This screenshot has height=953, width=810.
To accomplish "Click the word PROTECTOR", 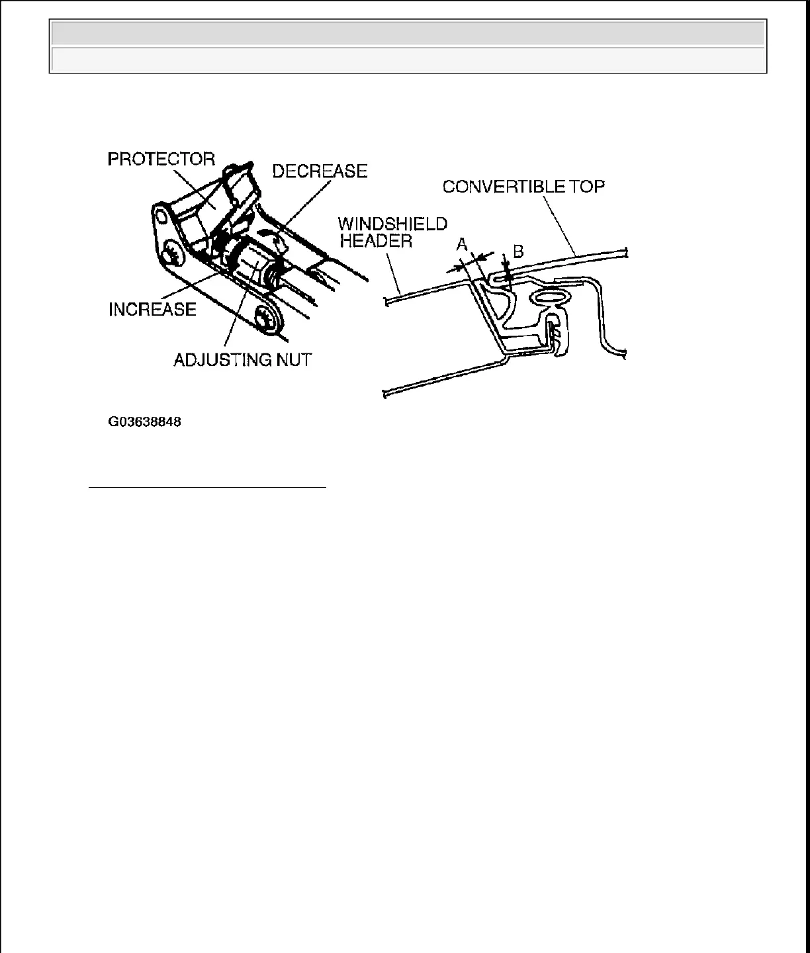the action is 161,159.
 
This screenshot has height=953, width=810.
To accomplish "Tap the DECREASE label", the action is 320,171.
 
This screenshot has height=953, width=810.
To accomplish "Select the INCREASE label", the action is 152,309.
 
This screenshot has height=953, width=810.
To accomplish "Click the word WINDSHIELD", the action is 393,224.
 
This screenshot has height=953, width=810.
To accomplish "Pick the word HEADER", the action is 376,240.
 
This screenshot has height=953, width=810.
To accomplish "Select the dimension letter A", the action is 463,246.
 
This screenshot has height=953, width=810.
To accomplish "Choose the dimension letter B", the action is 518,251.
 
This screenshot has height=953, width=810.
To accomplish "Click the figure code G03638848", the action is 145,421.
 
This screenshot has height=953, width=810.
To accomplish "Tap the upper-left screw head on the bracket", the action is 171,255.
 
